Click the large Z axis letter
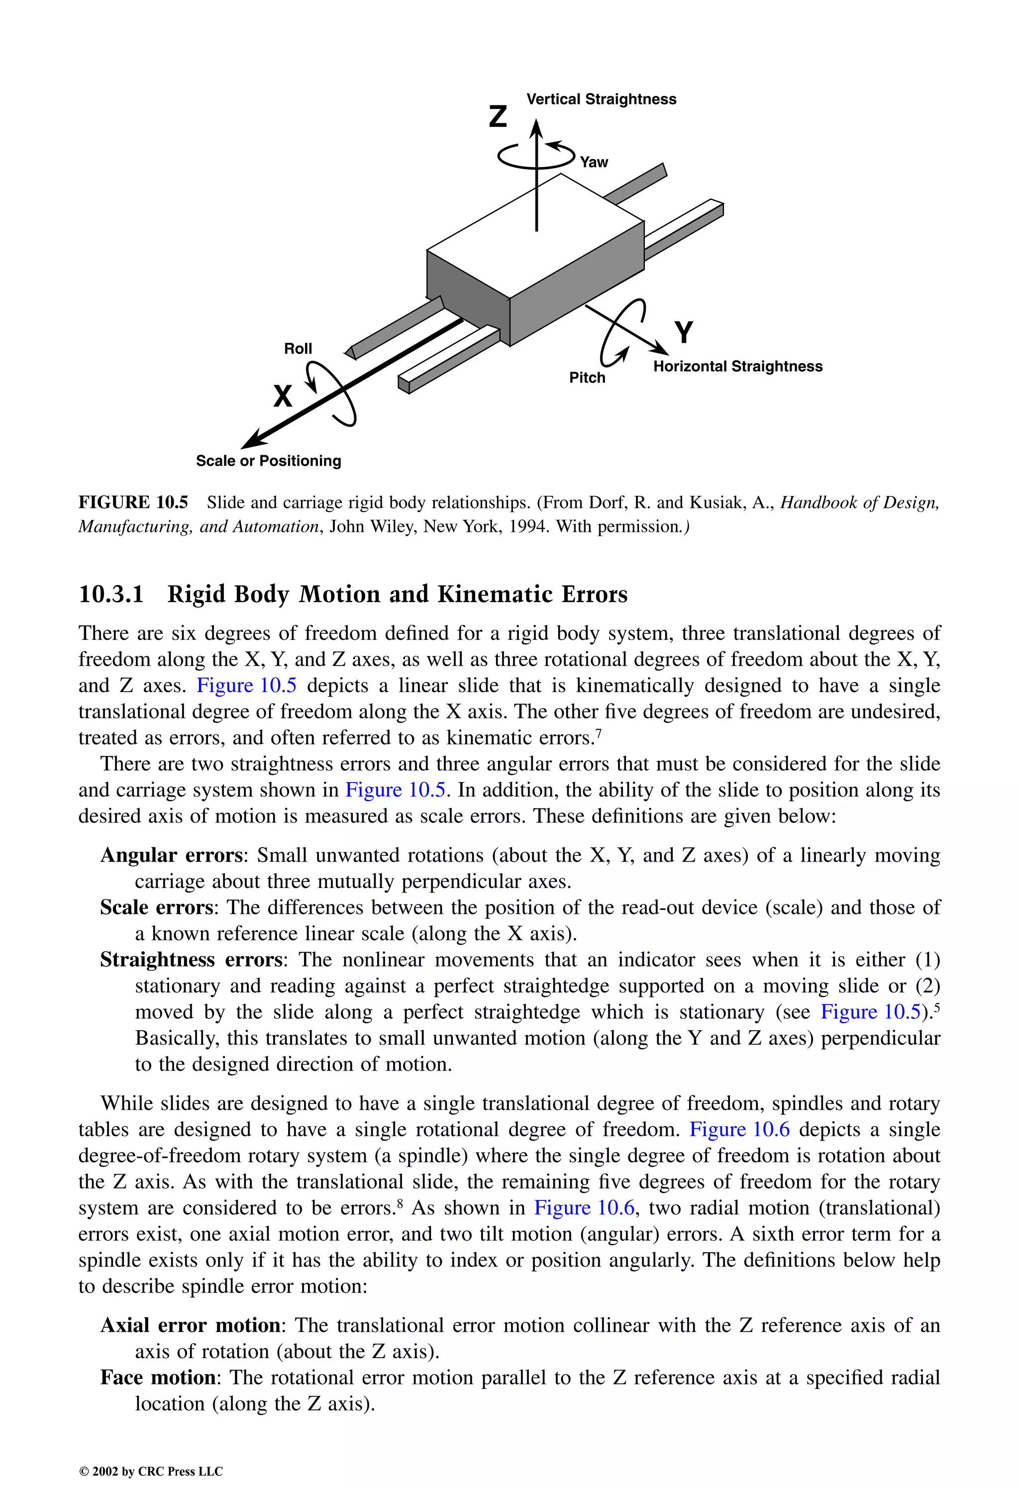(x=498, y=116)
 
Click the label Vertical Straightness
(x=601, y=99)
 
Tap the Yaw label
(x=594, y=162)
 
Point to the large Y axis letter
(x=684, y=332)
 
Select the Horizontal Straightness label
(x=738, y=367)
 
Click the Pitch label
(x=587, y=378)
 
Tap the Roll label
(x=298, y=349)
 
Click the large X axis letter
(x=283, y=396)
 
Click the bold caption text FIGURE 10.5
(x=133, y=502)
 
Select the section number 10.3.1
(x=110, y=594)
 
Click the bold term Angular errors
(x=171, y=855)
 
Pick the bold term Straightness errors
(x=191, y=960)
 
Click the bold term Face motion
(x=158, y=1378)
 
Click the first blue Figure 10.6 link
(x=739, y=1130)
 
